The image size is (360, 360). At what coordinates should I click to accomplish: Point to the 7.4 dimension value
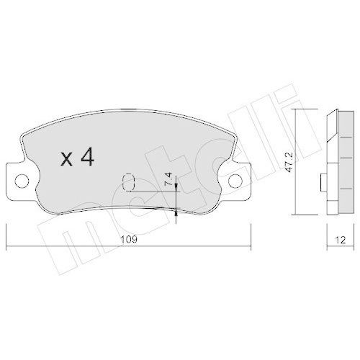click(x=167, y=179)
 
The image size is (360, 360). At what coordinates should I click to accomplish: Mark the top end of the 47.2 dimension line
click(x=299, y=109)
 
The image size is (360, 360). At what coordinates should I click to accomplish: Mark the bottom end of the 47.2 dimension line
click(x=299, y=214)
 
